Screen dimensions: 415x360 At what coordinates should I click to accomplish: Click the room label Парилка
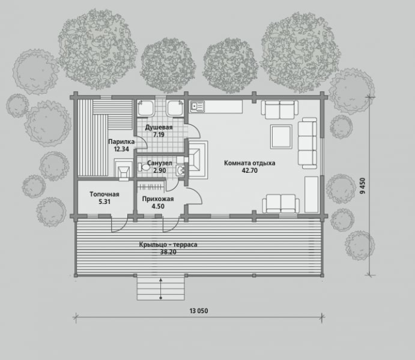121,142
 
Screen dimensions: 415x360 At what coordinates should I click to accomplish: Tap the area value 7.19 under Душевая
159,134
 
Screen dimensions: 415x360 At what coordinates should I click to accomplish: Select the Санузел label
160,163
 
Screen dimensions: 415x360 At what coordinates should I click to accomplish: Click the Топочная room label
105,194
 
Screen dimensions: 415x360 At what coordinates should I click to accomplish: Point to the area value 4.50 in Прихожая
158,206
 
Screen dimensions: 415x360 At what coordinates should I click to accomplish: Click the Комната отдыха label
250,163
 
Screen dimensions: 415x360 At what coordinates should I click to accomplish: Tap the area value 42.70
250,170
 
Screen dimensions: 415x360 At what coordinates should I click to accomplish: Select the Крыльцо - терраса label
168,245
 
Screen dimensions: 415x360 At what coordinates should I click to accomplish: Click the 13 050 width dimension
199,311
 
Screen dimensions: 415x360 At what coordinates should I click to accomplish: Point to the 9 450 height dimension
363,186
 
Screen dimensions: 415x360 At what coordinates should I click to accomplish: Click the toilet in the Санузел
144,167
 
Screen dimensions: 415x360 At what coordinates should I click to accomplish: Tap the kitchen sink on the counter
197,106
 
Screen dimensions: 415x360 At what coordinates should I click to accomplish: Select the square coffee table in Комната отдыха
281,137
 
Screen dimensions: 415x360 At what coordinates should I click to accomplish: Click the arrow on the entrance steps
160,289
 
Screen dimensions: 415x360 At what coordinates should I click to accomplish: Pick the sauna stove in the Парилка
124,170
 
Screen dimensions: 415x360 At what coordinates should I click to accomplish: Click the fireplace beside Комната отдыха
198,160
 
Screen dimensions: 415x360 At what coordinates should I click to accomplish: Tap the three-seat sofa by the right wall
308,143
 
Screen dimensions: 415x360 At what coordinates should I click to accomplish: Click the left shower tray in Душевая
145,108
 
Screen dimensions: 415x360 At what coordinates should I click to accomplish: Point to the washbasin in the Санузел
181,170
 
